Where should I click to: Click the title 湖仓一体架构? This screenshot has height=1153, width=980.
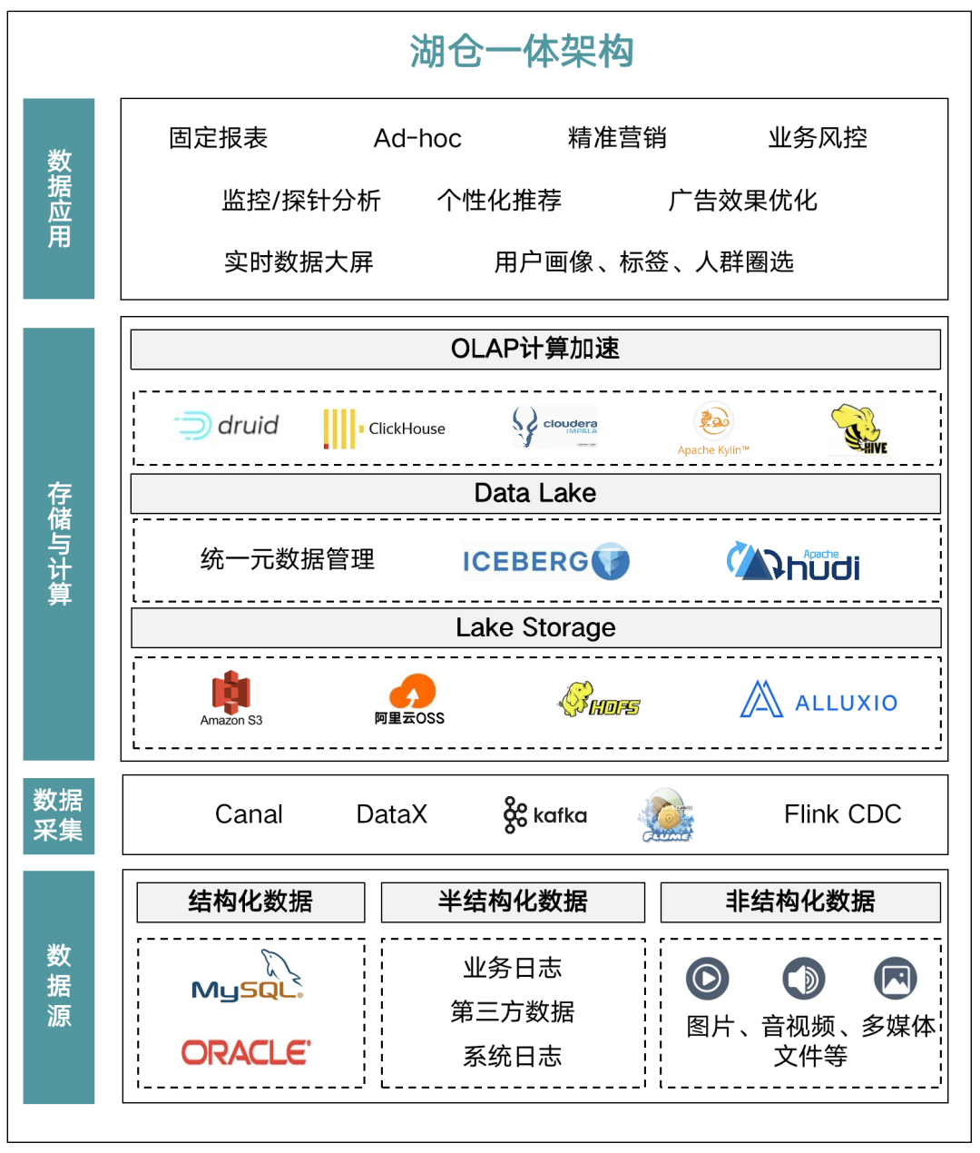pyautogui.click(x=522, y=52)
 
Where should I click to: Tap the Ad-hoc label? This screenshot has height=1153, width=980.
pyautogui.click(x=417, y=138)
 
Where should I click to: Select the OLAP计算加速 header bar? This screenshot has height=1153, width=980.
pyautogui.click(x=535, y=349)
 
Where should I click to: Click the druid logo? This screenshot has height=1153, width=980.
pyautogui.click(x=227, y=426)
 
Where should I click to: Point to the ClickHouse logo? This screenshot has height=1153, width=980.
pyautogui.click(x=385, y=429)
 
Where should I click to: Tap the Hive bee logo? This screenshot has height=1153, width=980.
pyautogui.click(x=857, y=429)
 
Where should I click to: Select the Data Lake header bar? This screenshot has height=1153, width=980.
pyautogui.click(x=535, y=493)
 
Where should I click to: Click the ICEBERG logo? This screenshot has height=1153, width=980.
pyautogui.click(x=545, y=561)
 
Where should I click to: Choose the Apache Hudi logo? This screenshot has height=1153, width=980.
pyautogui.click(x=793, y=562)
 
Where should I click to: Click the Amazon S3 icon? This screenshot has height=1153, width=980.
pyautogui.click(x=231, y=697)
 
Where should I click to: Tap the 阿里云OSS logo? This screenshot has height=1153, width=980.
pyautogui.click(x=410, y=699)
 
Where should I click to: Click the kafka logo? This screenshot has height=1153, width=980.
pyautogui.click(x=545, y=814)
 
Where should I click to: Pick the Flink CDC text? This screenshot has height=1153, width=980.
pyautogui.click(x=842, y=814)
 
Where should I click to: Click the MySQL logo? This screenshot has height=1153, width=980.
pyautogui.click(x=248, y=978)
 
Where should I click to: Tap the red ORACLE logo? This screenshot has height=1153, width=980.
pyautogui.click(x=246, y=1052)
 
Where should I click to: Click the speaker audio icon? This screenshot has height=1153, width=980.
pyautogui.click(x=804, y=979)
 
